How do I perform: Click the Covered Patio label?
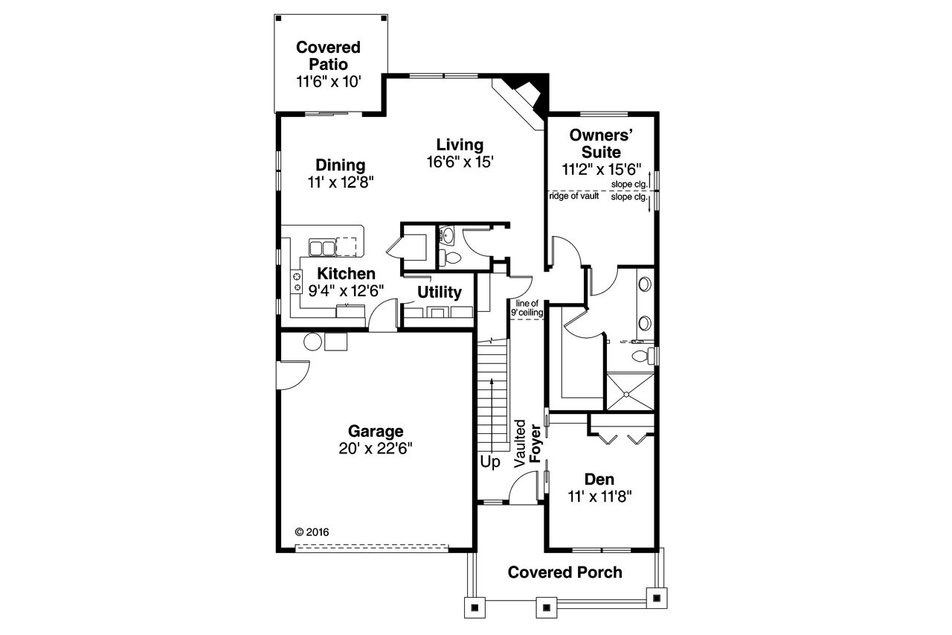[x=328, y=56]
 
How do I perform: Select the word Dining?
[x=340, y=165]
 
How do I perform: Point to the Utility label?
[x=439, y=292]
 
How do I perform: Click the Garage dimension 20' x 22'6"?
[x=376, y=448]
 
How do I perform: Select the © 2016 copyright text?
[x=312, y=532]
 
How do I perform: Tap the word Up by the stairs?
[x=489, y=462]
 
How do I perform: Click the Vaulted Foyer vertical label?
[x=527, y=444]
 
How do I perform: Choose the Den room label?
[x=599, y=479]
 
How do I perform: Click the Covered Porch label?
[x=565, y=572]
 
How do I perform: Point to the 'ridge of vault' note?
[x=574, y=197]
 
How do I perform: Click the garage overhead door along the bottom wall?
[x=372, y=549]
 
